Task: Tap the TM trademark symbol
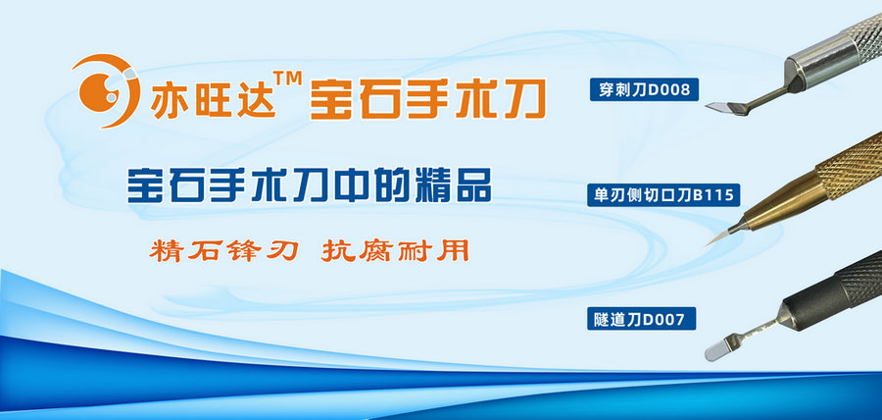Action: (287, 78)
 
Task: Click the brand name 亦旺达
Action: (213, 100)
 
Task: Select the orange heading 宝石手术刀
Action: (427, 98)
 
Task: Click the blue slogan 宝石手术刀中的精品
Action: (310, 184)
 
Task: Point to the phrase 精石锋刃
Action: (223, 250)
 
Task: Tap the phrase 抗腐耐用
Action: (395, 250)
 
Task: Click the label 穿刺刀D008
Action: (644, 89)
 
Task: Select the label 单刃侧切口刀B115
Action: (663, 195)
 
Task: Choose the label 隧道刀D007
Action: (642, 319)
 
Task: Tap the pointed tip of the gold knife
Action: (707, 245)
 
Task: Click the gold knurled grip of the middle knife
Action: (851, 165)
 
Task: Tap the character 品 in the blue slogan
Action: (472, 185)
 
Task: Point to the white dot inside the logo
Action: (111, 97)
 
